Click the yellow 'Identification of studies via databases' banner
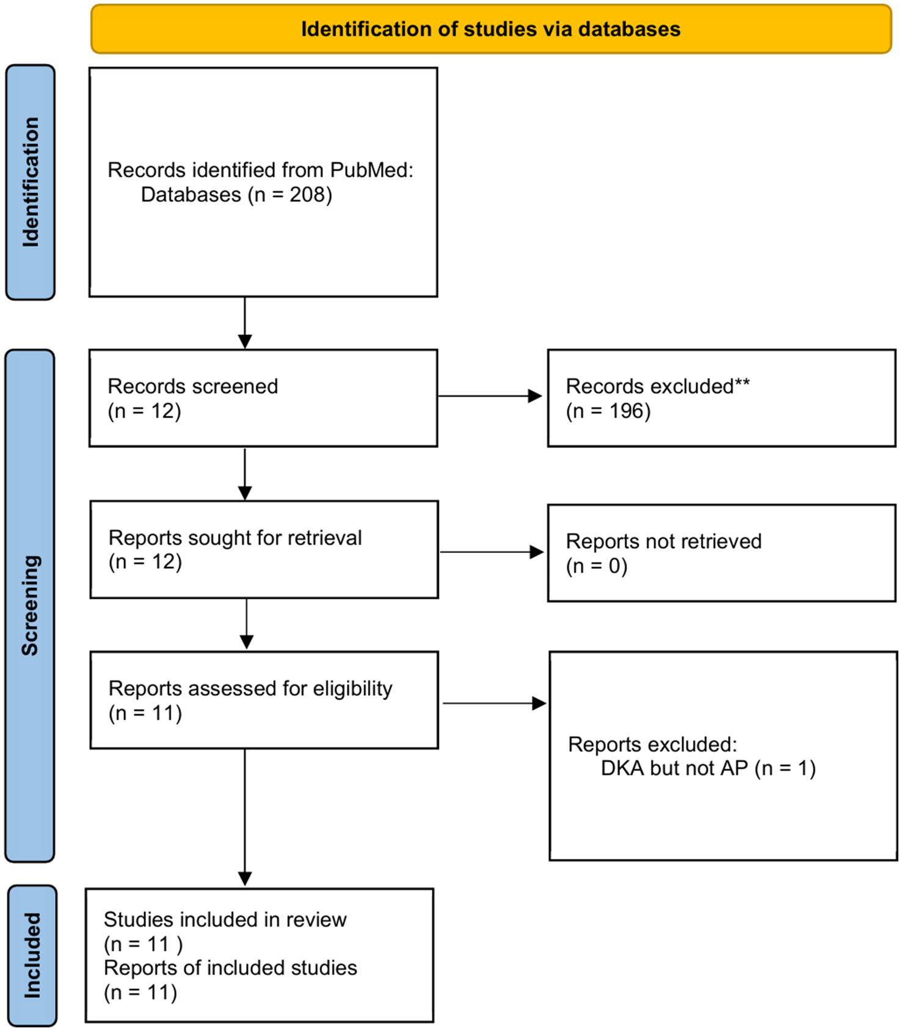point(490,29)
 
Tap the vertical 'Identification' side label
point(31,182)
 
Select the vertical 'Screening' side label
point(30,605)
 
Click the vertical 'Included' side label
point(32,955)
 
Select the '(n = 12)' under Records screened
point(144,411)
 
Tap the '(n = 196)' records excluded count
point(608,411)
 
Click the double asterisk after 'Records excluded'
point(742,385)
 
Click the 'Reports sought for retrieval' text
point(235,538)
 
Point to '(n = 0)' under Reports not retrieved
point(597,566)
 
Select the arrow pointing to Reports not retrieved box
point(491,552)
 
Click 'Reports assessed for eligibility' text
point(250,689)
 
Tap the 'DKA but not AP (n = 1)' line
point(708,768)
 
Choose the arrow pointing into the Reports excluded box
point(493,704)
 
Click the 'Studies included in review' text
point(225,919)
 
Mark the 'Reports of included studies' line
point(230,968)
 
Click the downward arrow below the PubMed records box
point(245,323)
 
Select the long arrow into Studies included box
point(245,818)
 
